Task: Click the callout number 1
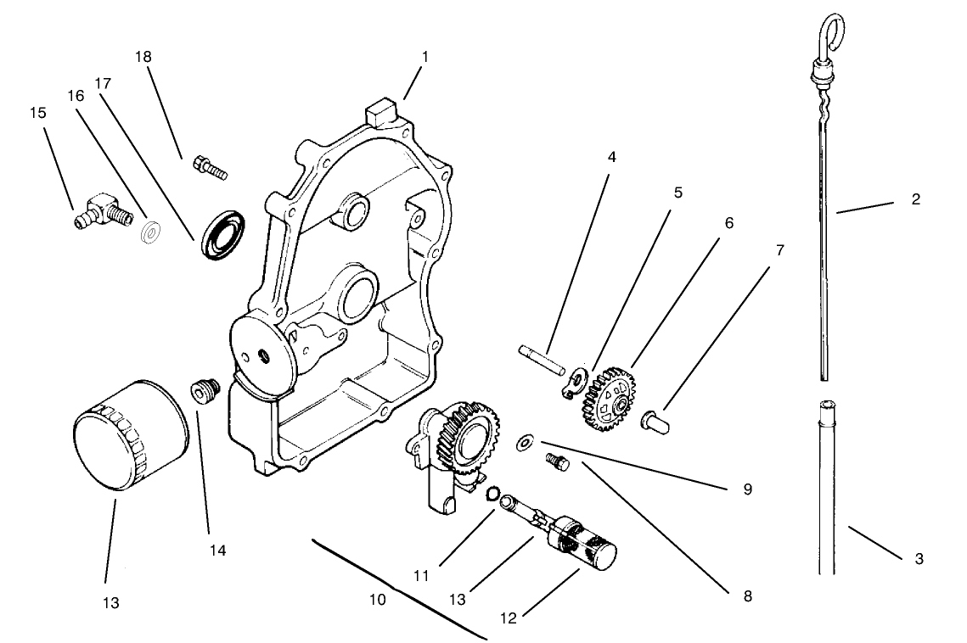(x=424, y=57)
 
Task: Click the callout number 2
(x=915, y=199)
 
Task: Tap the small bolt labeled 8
(x=558, y=461)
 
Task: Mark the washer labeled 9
(x=526, y=440)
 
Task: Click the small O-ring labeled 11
(x=492, y=493)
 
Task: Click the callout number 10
(x=378, y=599)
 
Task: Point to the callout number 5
(x=677, y=192)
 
